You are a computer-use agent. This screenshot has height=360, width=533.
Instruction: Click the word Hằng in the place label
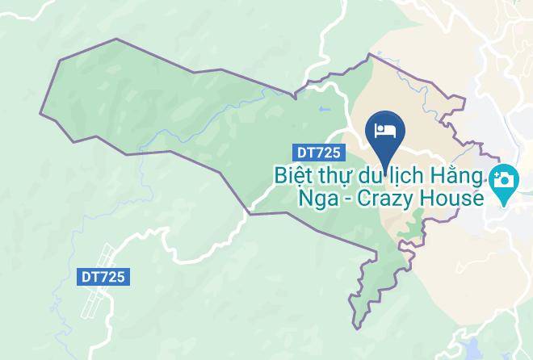tap(460, 175)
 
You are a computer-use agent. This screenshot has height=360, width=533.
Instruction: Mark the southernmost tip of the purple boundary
tap(354, 327)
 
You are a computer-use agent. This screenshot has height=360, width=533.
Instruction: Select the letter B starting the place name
tap(279, 175)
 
